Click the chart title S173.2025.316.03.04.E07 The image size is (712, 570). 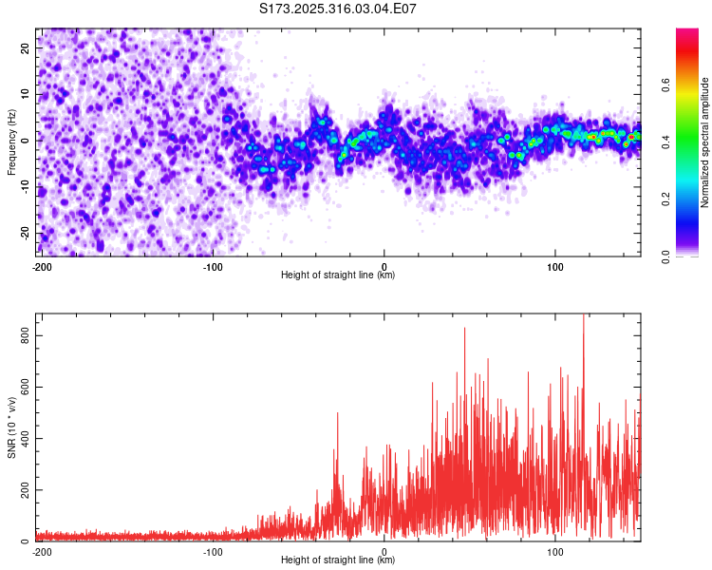coord(338,9)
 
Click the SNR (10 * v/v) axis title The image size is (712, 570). coord(11,427)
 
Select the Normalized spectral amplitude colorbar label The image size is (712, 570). coord(704,142)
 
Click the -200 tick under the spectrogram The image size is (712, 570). coord(42,266)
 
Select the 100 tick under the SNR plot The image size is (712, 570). coord(554,551)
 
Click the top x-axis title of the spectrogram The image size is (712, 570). coord(338,275)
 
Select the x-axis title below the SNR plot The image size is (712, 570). coord(338,560)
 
